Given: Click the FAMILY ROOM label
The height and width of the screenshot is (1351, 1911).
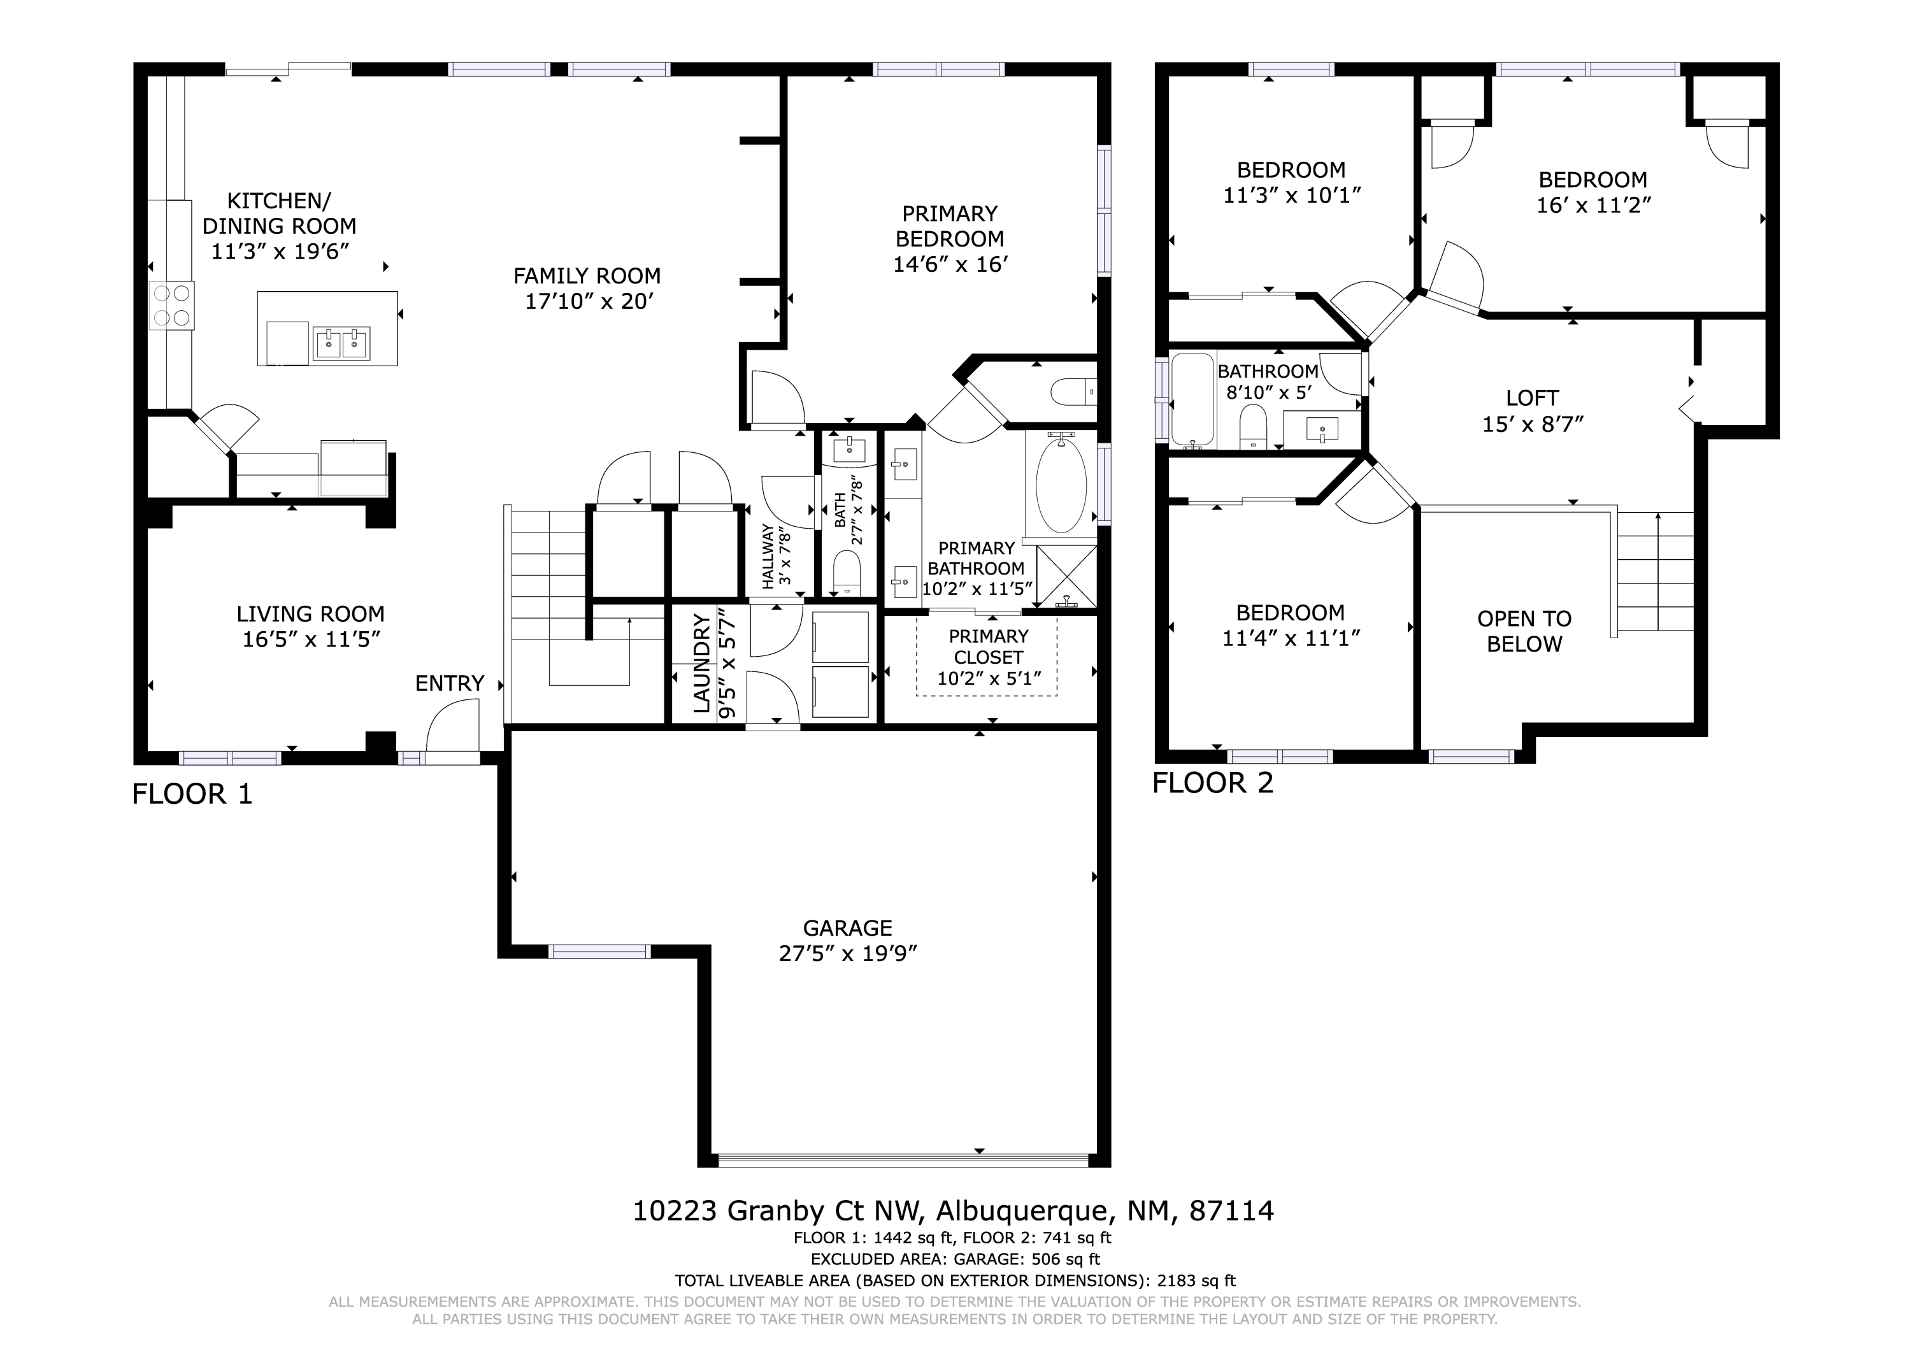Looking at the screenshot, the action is tap(587, 276).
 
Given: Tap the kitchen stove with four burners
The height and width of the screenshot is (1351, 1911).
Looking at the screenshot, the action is tap(171, 306).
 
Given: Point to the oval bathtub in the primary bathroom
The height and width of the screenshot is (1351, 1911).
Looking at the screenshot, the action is tap(1061, 485).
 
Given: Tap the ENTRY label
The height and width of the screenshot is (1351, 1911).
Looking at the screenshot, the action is tap(450, 683).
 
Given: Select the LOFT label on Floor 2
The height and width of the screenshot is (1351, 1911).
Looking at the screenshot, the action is tap(1532, 398).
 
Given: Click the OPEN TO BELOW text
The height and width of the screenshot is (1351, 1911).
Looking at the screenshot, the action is tap(1524, 631).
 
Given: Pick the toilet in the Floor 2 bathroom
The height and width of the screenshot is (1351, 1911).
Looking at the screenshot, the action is tap(1252, 426).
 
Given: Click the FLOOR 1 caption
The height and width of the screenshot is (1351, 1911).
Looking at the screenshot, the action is tap(192, 794).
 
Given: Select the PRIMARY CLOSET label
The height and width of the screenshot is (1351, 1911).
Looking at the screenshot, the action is tap(989, 647).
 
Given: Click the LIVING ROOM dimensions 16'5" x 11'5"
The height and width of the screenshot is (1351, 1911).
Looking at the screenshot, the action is tap(311, 640).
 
